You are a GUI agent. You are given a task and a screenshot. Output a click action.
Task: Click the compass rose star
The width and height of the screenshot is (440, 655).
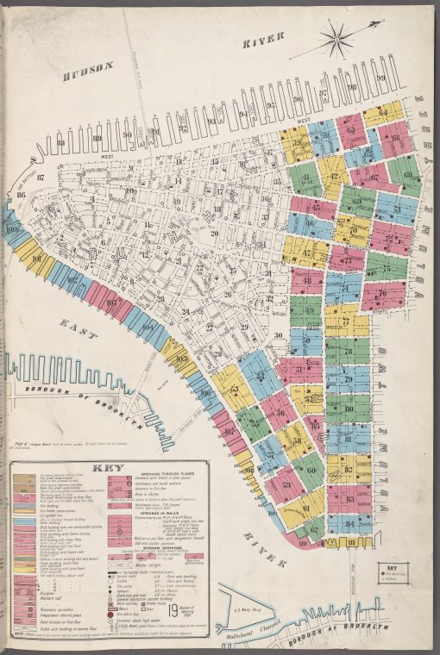coord(337,37)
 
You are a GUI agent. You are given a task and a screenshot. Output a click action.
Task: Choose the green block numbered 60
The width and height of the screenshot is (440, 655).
coord(309,469)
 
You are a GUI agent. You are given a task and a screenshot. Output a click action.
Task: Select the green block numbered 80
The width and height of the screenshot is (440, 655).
coord(348,407)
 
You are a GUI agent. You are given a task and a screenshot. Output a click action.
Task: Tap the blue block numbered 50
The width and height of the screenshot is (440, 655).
coord(305,340)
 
